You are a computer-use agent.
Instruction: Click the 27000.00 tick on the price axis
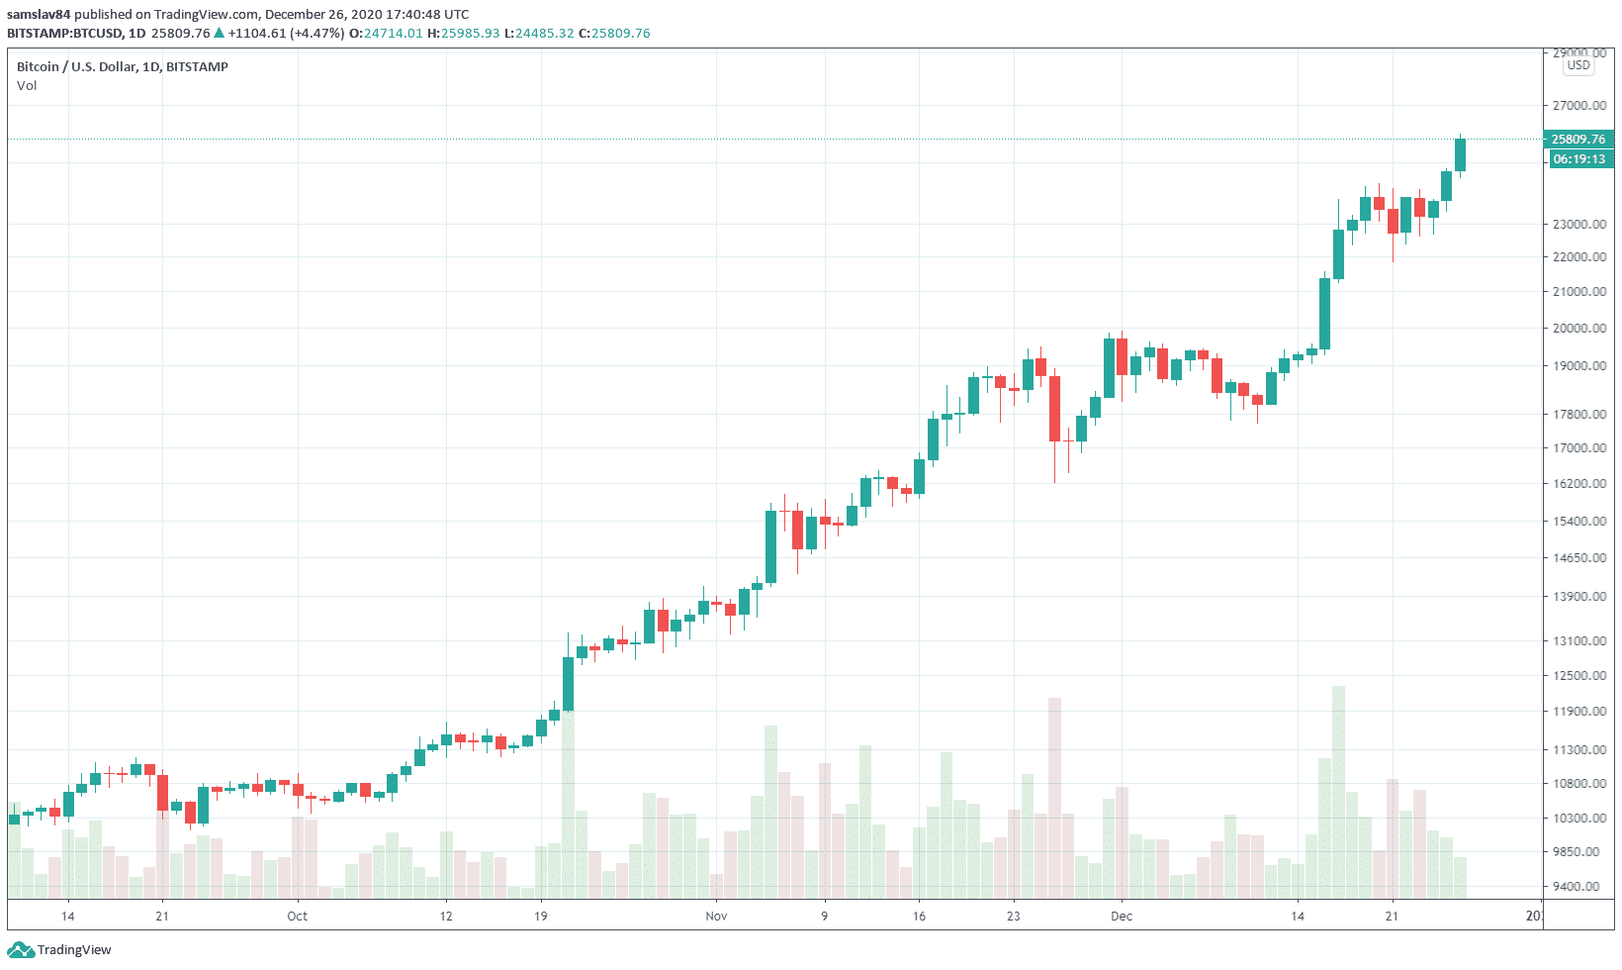(x=1578, y=106)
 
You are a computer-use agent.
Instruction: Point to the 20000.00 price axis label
(x=1578, y=329)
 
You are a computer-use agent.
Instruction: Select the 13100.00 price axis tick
(x=1578, y=641)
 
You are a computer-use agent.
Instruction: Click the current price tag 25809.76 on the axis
(x=1578, y=140)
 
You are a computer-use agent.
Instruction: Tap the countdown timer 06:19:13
(x=1578, y=159)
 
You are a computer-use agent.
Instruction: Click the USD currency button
(x=1578, y=65)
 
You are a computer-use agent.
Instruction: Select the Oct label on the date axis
(x=297, y=917)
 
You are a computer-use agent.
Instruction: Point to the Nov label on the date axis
(x=716, y=917)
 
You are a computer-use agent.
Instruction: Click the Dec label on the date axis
(x=1121, y=917)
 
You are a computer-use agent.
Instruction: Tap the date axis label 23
(x=1013, y=917)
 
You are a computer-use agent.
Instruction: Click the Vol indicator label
(x=27, y=86)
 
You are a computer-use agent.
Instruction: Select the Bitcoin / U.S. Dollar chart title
(x=123, y=67)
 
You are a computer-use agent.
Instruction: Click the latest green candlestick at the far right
(x=1460, y=154)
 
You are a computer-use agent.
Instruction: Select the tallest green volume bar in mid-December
(x=1338, y=792)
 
